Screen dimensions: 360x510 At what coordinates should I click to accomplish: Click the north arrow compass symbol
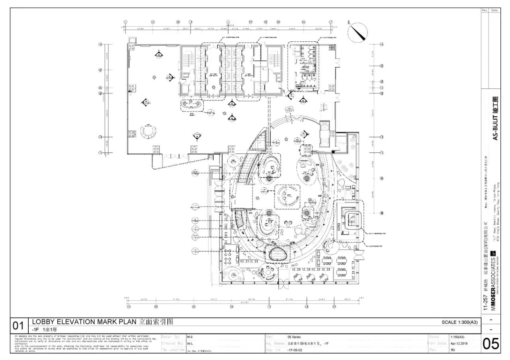[x=357, y=31]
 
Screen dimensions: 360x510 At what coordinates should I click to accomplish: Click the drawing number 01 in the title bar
[x=18, y=325]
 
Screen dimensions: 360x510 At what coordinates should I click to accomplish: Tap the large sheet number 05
[x=490, y=344]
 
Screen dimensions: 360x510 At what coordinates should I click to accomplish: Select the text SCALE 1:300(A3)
[x=459, y=322]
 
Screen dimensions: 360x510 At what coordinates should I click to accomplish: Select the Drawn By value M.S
[x=190, y=337]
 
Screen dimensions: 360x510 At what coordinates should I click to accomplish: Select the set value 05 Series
[x=294, y=337]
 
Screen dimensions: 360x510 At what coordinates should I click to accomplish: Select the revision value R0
[x=453, y=350]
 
